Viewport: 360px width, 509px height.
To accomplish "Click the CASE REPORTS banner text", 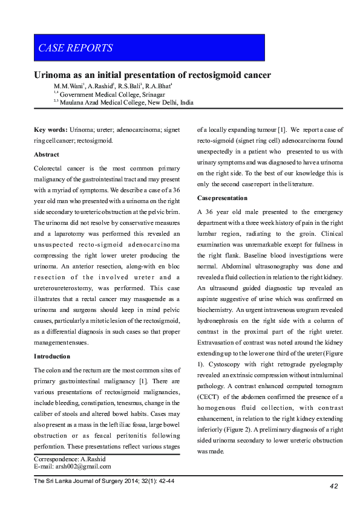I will [x=76, y=48].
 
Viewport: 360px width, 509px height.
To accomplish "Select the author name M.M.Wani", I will [x=67, y=86].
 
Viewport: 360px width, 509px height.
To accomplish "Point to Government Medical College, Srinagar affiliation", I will [x=108, y=95].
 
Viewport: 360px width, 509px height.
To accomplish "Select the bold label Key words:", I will [x=50, y=129].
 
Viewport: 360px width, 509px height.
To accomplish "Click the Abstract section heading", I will [x=47, y=155].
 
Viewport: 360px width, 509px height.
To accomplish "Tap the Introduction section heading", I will [x=52, y=356].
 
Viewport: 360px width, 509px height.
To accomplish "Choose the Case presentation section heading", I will [x=222, y=198].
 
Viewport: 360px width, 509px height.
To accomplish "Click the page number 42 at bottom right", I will [x=333, y=486].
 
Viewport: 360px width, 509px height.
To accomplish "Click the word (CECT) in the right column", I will [x=210, y=397].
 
